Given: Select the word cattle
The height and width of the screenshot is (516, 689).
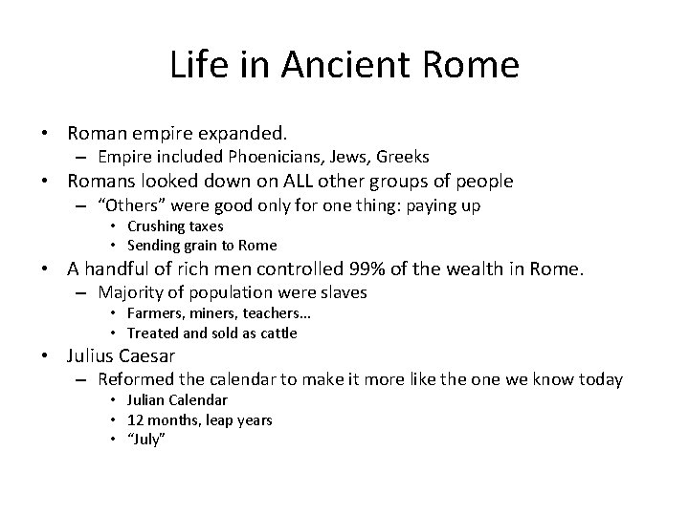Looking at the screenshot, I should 278,333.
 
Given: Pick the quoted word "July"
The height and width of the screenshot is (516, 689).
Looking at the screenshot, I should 146,440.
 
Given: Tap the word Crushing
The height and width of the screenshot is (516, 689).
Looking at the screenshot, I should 157,226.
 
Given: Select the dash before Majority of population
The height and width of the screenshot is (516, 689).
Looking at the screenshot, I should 84,292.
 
